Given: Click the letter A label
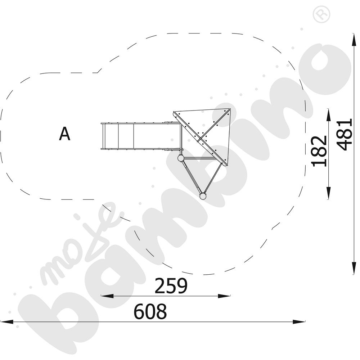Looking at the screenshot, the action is (64, 134).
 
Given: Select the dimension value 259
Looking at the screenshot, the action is (171, 285).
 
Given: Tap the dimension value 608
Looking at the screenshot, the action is (150, 311).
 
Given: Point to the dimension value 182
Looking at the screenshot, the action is (319, 151).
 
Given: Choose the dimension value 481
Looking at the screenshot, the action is (344, 135).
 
